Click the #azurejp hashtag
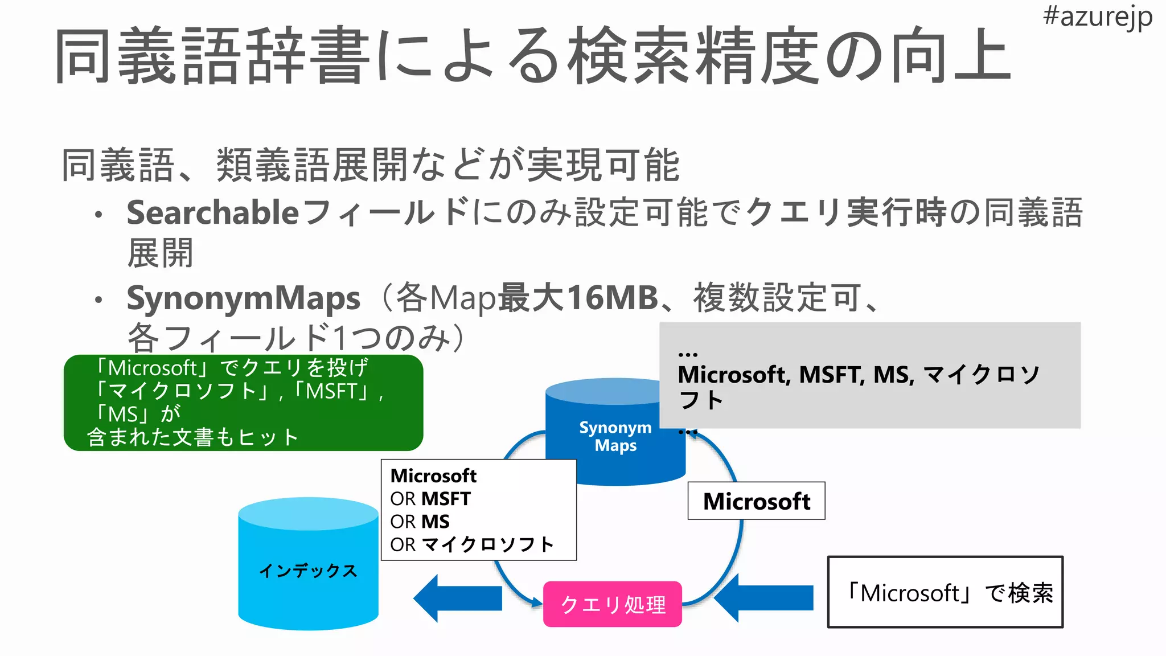click(x=1097, y=17)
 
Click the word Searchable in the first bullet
click(x=212, y=213)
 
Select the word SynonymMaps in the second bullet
click(x=243, y=298)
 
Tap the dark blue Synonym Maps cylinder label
click(x=615, y=436)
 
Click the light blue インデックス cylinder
click(x=308, y=570)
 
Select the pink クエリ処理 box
click(x=613, y=604)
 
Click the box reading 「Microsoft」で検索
click(x=945, y=592)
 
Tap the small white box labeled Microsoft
click(x=756, y=501)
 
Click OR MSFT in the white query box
click(x=430, y=499)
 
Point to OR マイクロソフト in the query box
click(x=471, y=544)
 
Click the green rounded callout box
click(x=244, y=403)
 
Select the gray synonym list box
click(x=870, y=376)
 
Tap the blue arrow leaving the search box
click(x=763, y=598)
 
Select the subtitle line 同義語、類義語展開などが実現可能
click(x=370, y=165)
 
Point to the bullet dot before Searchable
click(x=99, y=215)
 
